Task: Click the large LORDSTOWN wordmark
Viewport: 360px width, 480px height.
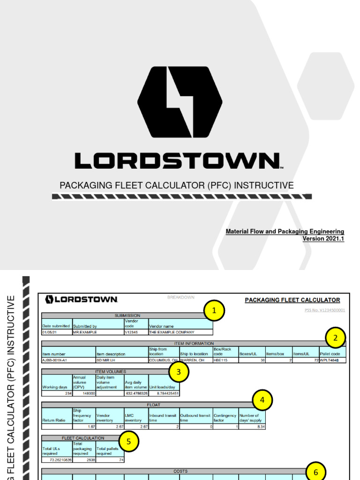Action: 179,160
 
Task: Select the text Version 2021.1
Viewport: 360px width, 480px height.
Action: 323,239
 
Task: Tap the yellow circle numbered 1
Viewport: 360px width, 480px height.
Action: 214,310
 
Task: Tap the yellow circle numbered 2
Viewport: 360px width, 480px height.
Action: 335,338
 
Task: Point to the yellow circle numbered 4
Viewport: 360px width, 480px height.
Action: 262,400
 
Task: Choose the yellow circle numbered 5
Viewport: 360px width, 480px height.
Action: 129,441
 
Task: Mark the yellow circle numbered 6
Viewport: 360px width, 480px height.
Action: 315,472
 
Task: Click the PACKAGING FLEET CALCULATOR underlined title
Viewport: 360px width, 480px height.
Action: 292,300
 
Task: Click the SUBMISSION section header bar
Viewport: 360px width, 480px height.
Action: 127,315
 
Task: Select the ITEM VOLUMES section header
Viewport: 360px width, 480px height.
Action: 110,372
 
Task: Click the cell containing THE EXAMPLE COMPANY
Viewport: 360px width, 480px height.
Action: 180,332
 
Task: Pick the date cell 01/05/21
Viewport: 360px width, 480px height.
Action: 56,332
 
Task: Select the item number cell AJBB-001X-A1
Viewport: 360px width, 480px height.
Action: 68,360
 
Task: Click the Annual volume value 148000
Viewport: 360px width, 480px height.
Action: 84,393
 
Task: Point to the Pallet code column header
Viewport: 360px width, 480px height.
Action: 332,354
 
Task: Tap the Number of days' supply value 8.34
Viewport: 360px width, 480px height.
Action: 252,427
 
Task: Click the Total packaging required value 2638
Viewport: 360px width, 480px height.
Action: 84,460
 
